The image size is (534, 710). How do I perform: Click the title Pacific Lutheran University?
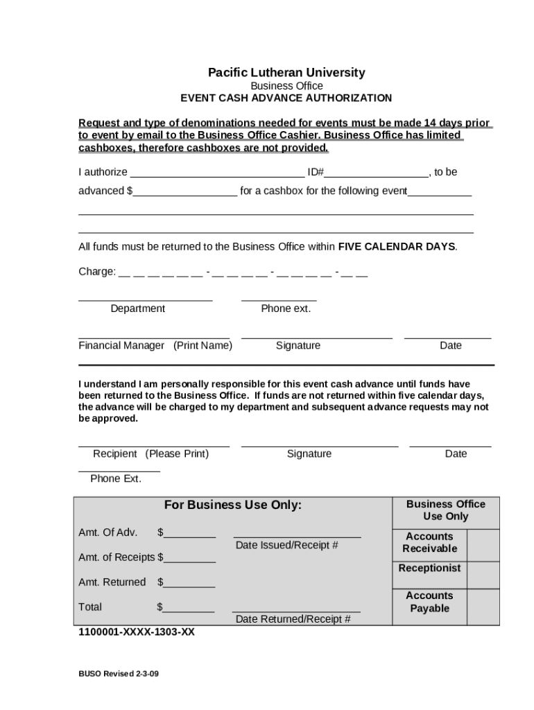click(x=286, y=73)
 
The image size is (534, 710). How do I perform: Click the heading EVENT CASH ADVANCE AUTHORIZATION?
click(x=286, y=98)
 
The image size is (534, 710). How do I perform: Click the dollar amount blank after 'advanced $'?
click(x=185, y=192)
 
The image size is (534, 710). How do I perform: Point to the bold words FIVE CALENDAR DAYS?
click(x=397, y=247)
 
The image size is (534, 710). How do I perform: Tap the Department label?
click(x=138, y=309)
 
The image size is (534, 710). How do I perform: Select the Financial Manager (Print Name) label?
click(x=155, y=345)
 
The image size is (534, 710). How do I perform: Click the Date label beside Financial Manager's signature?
click(x=450, y=345)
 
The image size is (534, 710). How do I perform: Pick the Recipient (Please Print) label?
click(x=151, y=454)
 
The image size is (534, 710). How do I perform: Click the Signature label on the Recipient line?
click(x=309, y=454)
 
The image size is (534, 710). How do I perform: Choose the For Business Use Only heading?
click(x=233, y=505)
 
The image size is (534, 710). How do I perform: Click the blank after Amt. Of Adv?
click(x=190, y=533)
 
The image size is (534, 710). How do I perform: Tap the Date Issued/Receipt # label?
click(x=287, y=545)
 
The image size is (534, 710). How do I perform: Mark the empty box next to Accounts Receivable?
click(x=483, y=545)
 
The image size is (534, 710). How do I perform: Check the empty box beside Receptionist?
click(x=483, y=575)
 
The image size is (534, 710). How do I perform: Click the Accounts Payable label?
click(x=429, y=602)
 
